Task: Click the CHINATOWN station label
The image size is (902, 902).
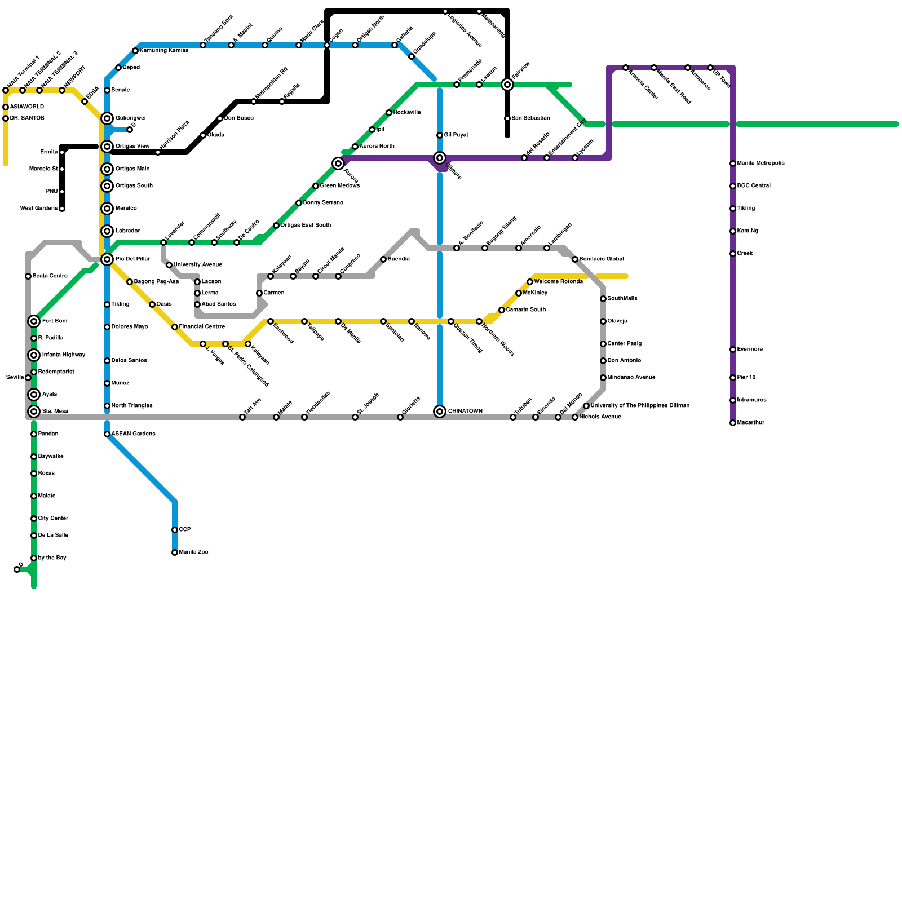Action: click(x=465, y=412)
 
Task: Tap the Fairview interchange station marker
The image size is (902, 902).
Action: click(x=507, y=85)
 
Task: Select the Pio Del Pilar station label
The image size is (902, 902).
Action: click(x=132, y=259)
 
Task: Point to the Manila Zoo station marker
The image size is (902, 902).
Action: click(x=175, y=552)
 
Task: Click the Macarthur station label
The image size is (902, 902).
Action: click(x=750, y=423)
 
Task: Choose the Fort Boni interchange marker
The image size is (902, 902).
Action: click(x=34, y=321)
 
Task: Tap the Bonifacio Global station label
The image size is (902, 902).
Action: click(x=602, y=259)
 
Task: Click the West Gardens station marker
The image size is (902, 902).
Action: click(x=62, y=209)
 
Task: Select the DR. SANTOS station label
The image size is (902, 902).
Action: click(x=27, y=118)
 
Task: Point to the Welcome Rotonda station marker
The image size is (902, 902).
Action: click(x=530, y=282)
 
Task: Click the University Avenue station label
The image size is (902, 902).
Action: click(x=197, y=265)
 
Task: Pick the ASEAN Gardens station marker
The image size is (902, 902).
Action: click(x=107, y=434)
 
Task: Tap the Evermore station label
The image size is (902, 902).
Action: click(x=750, y=350)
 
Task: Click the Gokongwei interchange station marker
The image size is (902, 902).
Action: click(x=107, y=118)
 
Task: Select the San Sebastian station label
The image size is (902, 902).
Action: click(x=530, y=118)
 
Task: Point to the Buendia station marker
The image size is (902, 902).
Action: click(x=383, y=259)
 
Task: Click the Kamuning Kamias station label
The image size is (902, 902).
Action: click(x=164, y=51)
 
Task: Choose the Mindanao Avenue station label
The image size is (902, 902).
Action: click(x=631, y=378)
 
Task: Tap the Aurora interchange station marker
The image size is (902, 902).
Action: click(x=338, y=163)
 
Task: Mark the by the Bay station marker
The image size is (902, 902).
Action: click(x=34, y=558)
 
